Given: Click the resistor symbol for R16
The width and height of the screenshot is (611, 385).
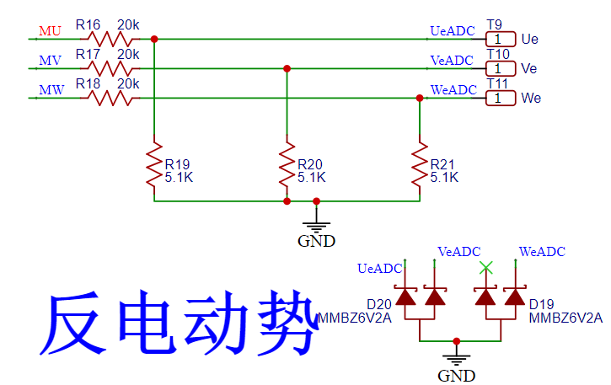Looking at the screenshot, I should click(112, 39).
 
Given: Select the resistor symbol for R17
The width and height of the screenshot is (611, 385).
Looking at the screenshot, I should click(112, 68).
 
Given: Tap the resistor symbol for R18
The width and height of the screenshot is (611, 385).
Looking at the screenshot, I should click(112, 98).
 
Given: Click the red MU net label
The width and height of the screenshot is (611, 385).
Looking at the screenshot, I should click(50, 31).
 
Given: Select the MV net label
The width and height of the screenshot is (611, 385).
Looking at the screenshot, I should click(50, 61).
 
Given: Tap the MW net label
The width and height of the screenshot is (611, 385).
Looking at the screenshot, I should click(51, 90).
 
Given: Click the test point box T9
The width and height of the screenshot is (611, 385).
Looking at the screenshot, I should click(500, 39).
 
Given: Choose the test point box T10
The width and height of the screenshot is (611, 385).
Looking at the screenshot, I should click(500, 68).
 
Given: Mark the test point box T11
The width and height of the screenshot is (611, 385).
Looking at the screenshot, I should click(500, 98).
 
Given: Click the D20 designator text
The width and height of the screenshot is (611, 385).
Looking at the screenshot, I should click(378, 304).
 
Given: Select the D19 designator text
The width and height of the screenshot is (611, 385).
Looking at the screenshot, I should click(541, 304).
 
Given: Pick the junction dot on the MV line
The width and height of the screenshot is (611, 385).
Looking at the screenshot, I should click(287, 68).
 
